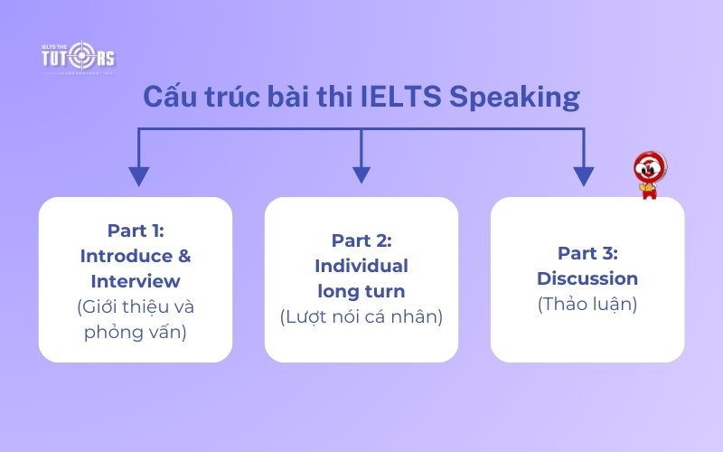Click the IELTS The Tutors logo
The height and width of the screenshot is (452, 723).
click(79, 57)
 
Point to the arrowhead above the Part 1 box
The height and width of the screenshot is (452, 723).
click(138, 174)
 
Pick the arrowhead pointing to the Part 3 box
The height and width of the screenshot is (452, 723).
click(584, 174)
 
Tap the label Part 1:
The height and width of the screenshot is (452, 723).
click(136, 231)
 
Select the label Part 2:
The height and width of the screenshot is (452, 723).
click(361, 240)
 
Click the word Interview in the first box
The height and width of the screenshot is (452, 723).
click(136, 281)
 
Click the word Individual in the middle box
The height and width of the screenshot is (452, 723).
click(361, 266)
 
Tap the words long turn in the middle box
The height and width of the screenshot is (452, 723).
click(361, 291)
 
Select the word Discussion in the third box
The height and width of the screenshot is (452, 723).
click(587, 278)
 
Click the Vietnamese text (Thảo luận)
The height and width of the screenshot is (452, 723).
click(587, 305)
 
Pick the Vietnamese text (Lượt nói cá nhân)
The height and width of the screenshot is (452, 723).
click(361, 317)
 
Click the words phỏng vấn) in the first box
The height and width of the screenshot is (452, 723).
click(136, 332)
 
